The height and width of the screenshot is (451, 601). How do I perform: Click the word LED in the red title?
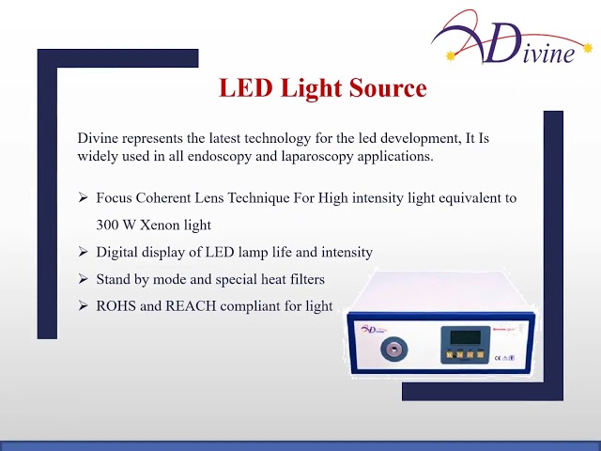coord(245,87)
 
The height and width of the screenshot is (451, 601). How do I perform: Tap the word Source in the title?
coord(388,87)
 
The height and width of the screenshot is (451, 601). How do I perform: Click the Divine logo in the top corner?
coord(511,38)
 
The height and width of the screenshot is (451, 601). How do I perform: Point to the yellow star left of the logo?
coord(451,56)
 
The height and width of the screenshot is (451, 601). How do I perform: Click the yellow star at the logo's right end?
coord(587,48)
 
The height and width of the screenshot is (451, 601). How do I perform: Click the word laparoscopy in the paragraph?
coord(316,157)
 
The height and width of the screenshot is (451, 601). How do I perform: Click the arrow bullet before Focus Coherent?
coord(83,198)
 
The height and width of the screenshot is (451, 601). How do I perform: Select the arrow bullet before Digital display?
coord(83,252)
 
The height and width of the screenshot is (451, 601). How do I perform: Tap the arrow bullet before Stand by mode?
coord(83,279)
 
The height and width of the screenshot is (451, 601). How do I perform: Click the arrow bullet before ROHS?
coord(83,306)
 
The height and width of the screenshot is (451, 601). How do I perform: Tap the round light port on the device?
coord(394,349)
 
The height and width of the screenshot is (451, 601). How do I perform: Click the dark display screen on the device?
coord(466,337)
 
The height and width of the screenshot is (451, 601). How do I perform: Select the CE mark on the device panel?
coord(498,358)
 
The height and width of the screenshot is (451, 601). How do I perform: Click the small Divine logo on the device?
coord(373,330)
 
